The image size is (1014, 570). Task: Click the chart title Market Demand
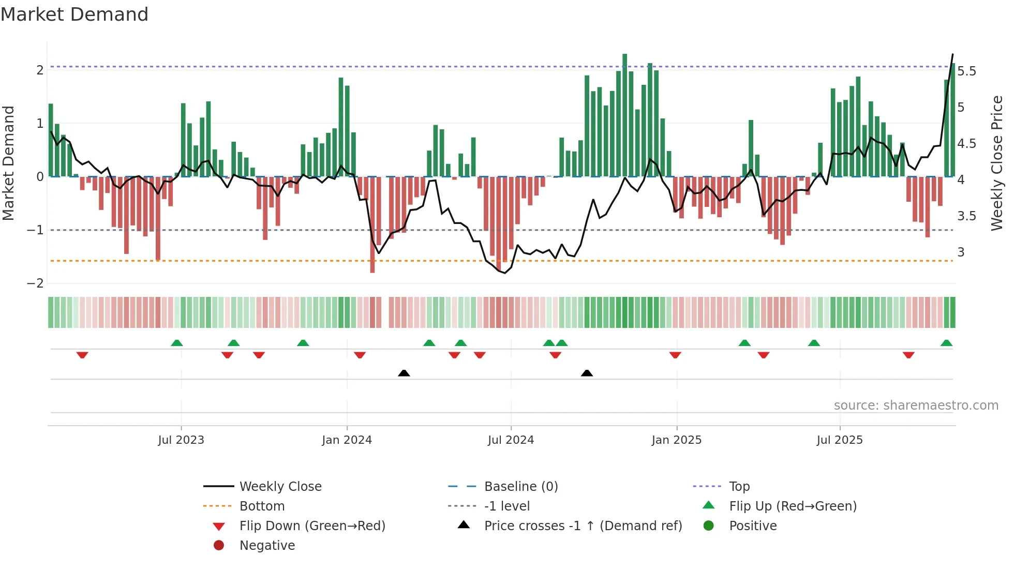(x=74, y=14)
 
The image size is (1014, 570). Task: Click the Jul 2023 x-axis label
(x=181, y=440)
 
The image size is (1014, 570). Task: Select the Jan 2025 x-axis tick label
(x=676, y=440)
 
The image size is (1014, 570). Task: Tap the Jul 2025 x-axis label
(x=840, y=440)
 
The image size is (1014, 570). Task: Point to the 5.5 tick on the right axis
(x=966, y=71)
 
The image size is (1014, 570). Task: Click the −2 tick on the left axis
(x=35, y=283)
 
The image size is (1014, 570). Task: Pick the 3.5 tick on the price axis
(x=966, y=216)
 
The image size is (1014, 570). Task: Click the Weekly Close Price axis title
(x=996, y=163)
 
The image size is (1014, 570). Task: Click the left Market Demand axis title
(x=9, y=163)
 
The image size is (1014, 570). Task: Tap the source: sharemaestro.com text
(x=916, y=406)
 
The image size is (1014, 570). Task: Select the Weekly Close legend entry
(x=280, y=487)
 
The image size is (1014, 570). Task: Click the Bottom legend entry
(x=262, y=506)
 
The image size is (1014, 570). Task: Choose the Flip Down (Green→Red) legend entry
(x=312, y=526)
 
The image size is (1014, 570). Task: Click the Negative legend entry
(x=267, y=546)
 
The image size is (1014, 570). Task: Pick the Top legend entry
(x=739, y=487)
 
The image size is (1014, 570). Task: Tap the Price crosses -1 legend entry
(x=583, y=526)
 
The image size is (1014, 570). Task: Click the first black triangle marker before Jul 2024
(x=404, y=373)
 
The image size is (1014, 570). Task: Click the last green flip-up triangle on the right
(x=946, y=343)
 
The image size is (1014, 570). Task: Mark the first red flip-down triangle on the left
(x=82, y=355)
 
